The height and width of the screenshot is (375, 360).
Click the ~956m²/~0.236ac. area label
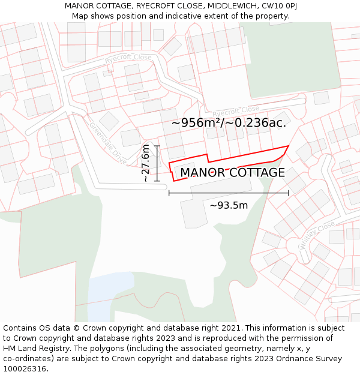(x=229, y=123)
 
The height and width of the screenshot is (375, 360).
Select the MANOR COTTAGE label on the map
(x=232, y=173)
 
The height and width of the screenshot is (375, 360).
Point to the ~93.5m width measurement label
(x=229, y=205)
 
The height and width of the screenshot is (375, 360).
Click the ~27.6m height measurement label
(x=146, y=163)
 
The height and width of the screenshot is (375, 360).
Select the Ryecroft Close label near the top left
(x=128, y=59)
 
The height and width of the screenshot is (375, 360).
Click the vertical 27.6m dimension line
(x=157, y=163)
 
